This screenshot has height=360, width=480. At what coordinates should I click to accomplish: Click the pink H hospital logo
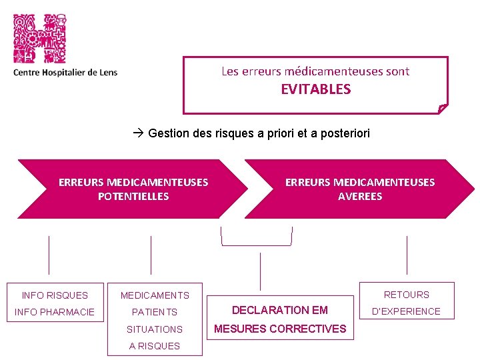tap(40, 38)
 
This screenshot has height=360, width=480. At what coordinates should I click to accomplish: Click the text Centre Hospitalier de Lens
tap(65, 72)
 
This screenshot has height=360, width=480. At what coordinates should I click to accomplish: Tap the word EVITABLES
tap(315, 89)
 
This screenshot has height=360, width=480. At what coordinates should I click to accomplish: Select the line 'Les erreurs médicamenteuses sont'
tap(315, 71)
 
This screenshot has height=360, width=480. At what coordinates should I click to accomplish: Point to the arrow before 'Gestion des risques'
tap(138, 133)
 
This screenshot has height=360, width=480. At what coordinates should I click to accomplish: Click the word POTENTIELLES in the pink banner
tap(133, 196)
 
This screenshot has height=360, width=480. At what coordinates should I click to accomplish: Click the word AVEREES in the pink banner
tap(360, 196)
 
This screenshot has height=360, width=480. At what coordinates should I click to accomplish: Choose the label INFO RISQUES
tap(55, 295)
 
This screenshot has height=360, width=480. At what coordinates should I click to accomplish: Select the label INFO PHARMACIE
tap(55, 311)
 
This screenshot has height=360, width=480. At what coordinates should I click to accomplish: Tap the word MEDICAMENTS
tap(155, 295)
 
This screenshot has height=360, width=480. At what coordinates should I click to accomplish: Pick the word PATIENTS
tap(155, 312)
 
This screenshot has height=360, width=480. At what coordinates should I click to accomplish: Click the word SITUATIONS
tap(155, 329)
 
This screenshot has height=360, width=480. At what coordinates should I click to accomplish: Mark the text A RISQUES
tap(155, 346)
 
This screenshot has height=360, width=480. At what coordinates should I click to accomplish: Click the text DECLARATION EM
tap(279, 310)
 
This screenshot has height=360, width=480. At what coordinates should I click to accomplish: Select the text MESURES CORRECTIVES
tap(279, 329)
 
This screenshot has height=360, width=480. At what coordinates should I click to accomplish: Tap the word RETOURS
tap(407, 294)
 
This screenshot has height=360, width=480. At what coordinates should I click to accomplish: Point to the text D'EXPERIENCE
tap(407, 311)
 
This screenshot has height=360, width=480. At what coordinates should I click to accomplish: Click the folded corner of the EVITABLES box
tap(443, 108)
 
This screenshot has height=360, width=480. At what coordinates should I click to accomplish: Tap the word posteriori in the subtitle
tap(345, 133)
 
